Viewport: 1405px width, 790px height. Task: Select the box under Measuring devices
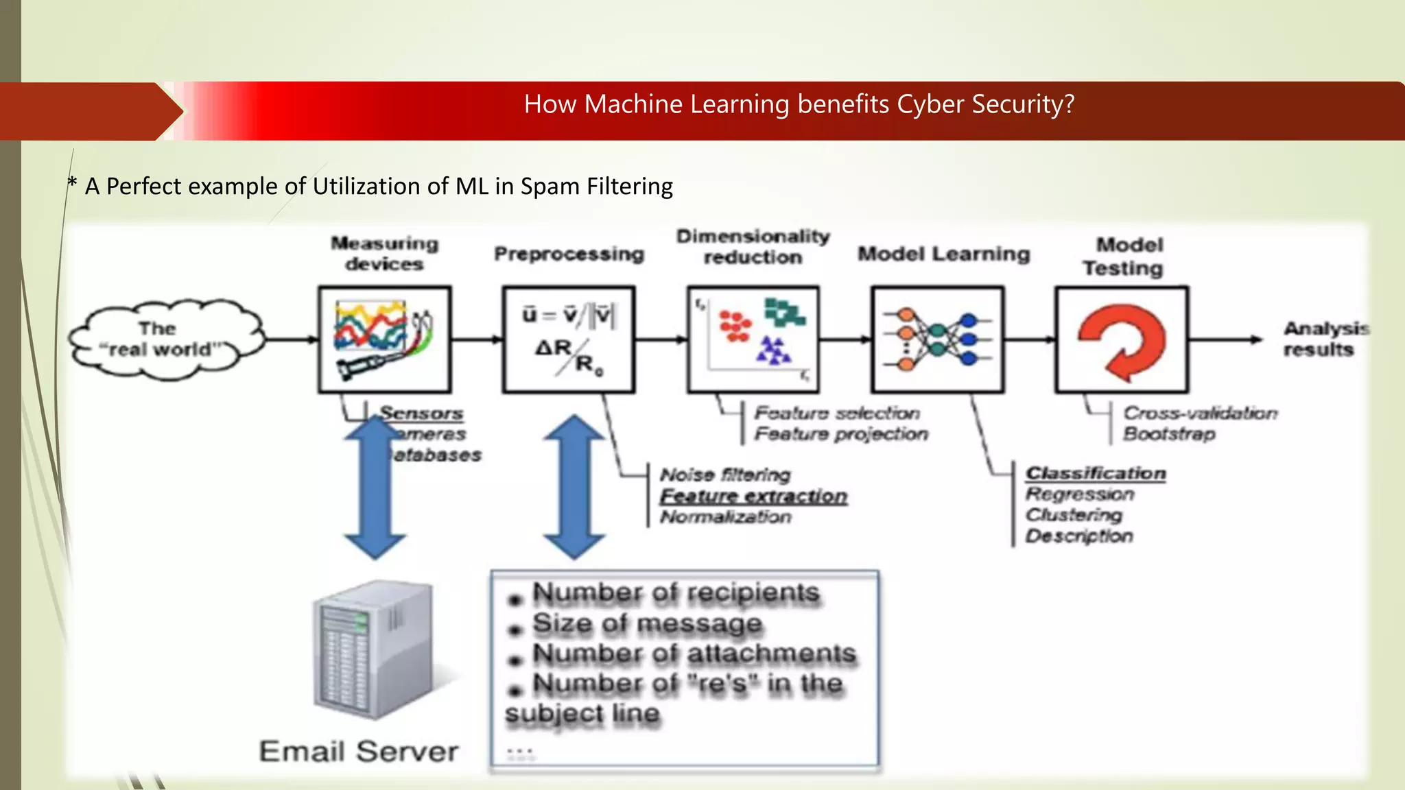384,339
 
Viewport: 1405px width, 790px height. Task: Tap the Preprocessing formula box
569,339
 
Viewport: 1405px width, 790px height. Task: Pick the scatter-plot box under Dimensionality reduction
753,339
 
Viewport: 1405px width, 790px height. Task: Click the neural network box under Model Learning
937,339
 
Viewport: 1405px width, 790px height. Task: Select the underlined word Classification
1096,473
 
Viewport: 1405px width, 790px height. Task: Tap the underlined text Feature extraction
753,496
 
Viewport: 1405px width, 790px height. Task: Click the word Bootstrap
1169,434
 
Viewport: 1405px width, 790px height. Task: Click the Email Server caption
359,752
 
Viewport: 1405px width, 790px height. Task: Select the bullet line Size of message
647,623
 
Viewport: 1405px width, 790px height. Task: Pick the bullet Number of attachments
694,654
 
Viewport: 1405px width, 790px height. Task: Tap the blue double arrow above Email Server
375,487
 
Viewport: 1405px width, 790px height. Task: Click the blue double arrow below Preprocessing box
574,487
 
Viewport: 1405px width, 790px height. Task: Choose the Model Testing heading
1124,256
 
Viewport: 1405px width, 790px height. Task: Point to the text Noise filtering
725,475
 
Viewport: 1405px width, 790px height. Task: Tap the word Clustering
1074,515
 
